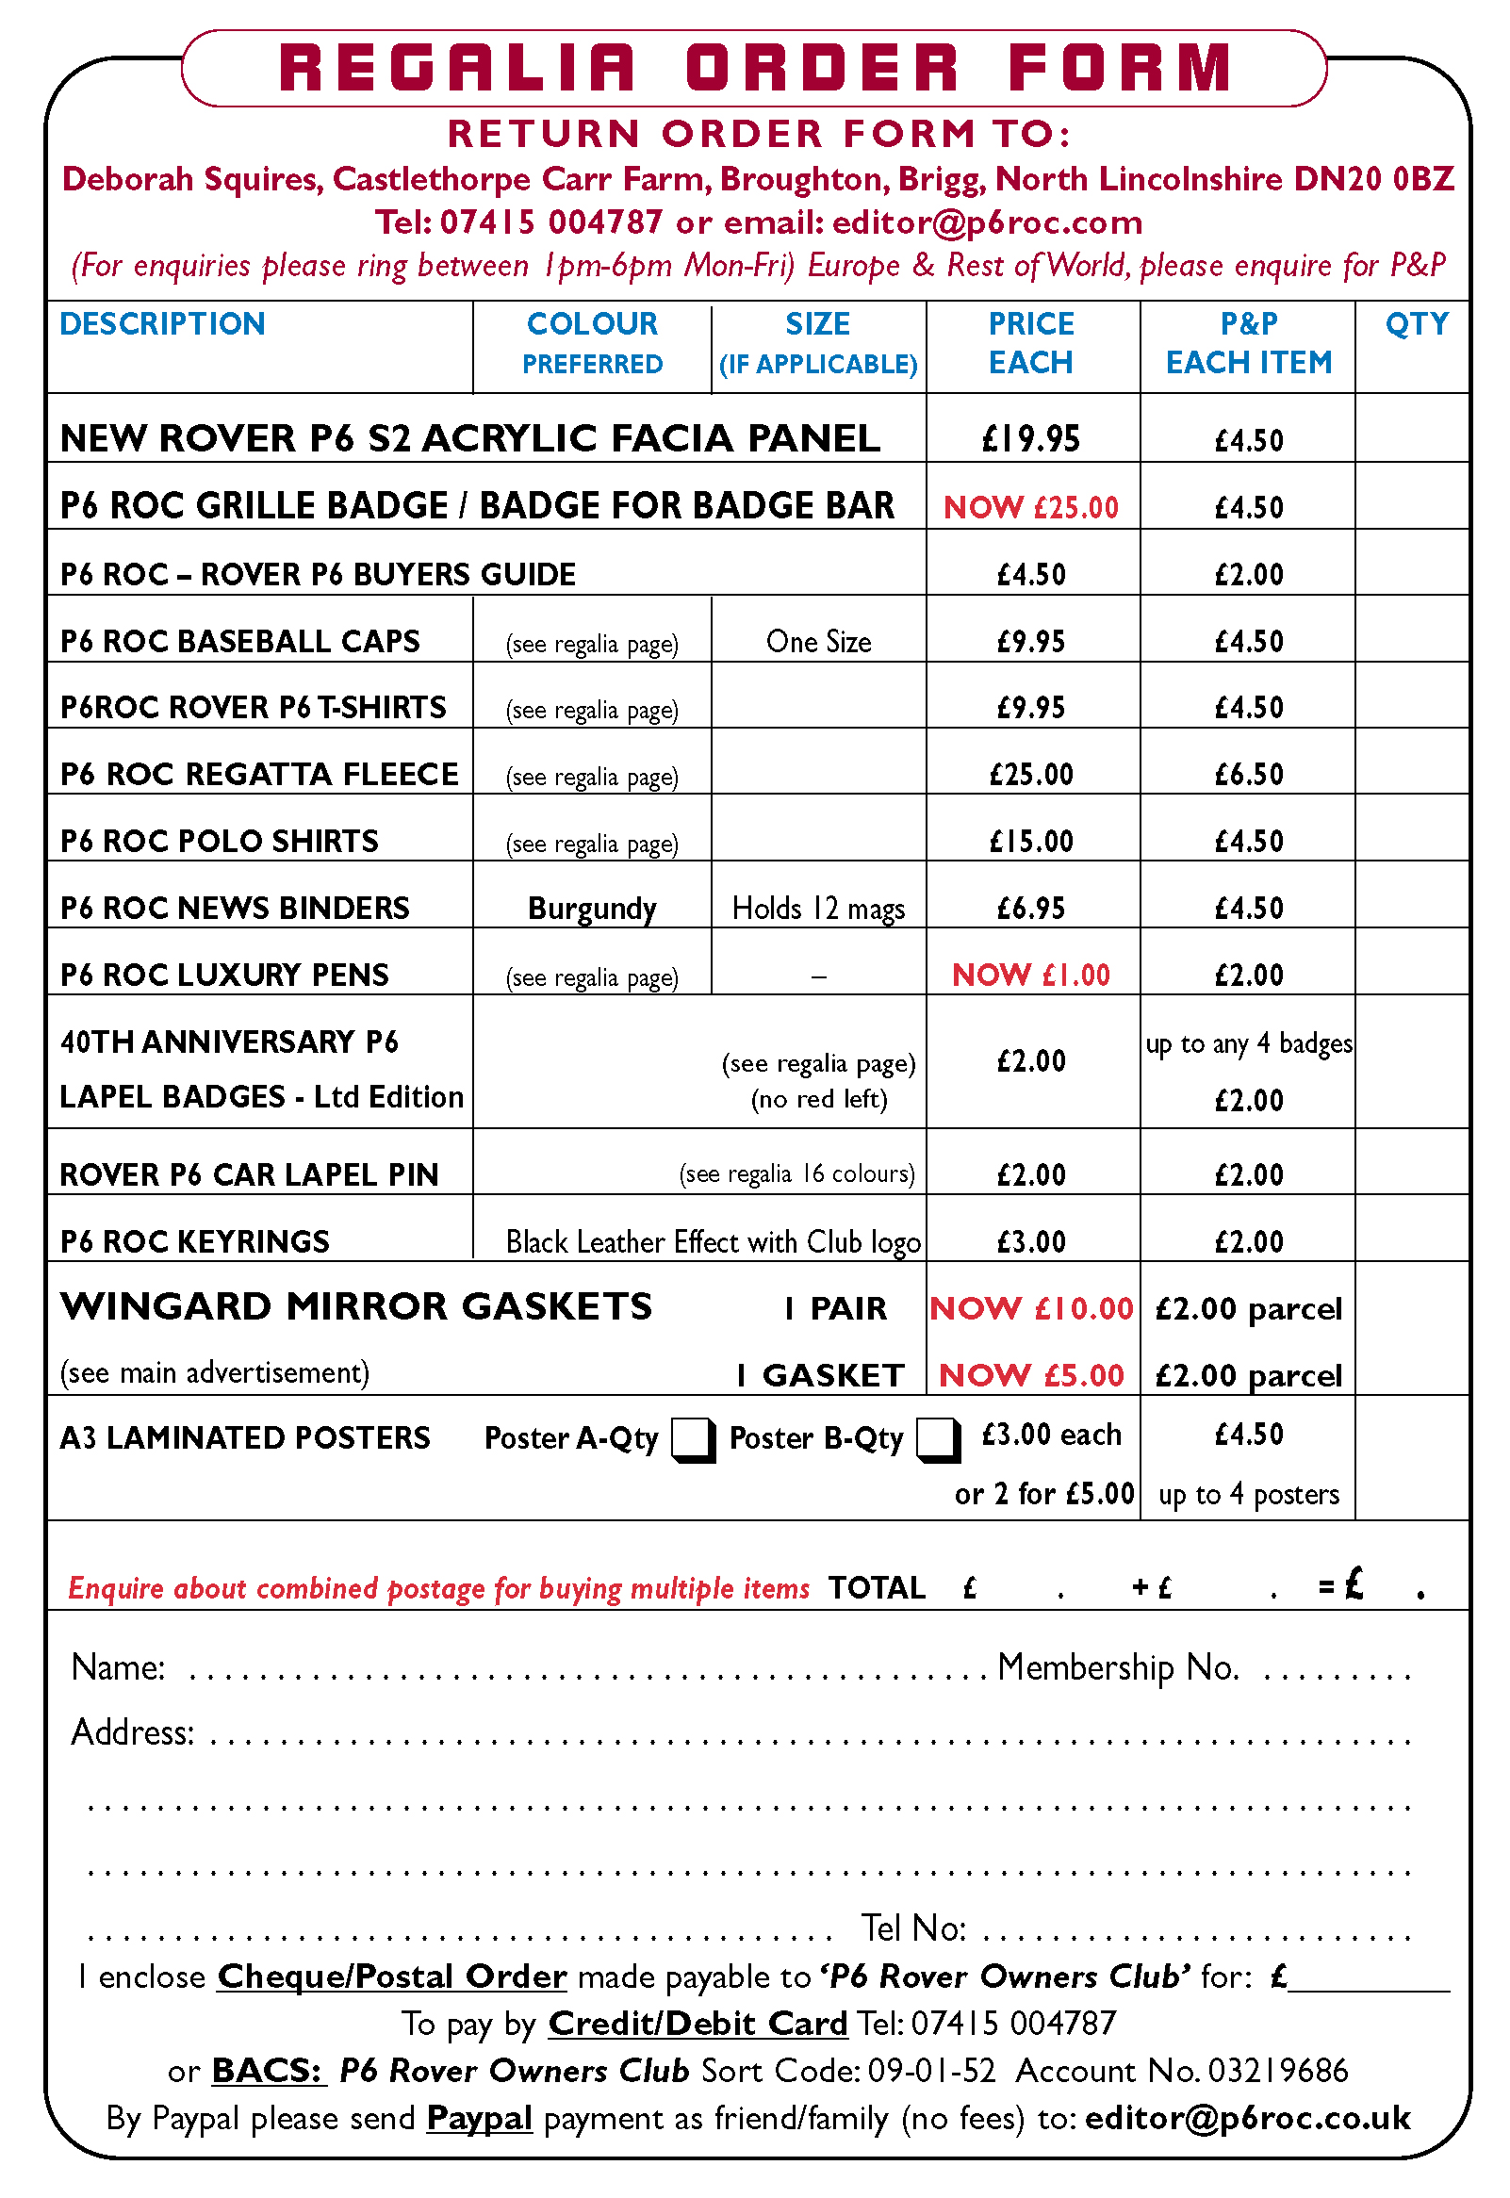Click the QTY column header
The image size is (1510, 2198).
click(x=1417, y=324)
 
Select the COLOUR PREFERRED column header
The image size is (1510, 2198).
click(x=592, y=342)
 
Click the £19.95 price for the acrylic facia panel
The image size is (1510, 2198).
click(x=1031, y=439)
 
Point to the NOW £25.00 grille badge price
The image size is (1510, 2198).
click(x=1031, y=507)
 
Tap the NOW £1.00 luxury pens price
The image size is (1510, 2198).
click(x=1031, y=975)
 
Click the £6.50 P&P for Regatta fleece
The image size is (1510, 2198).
click(x=1249, y=775)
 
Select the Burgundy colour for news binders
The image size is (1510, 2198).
click(x=592, y=909)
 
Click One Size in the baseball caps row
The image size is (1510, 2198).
click(x=818, y=642)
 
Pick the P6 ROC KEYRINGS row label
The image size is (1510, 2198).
click(x=195, y=1241)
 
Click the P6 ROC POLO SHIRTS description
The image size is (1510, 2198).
click(x=220, y=841)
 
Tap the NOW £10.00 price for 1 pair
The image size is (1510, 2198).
click(x=1031, y=1308)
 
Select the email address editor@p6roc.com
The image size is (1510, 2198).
click(x=987, y=222)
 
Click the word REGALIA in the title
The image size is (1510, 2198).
click(x=458, y=68)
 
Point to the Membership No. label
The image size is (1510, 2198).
click(x=1118, y=1667)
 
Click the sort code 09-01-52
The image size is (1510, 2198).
click(x=932, y=2071)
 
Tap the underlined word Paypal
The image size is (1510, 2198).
click(x=479, y=2118)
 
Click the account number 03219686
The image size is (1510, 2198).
click(x=1277, y=2071)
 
